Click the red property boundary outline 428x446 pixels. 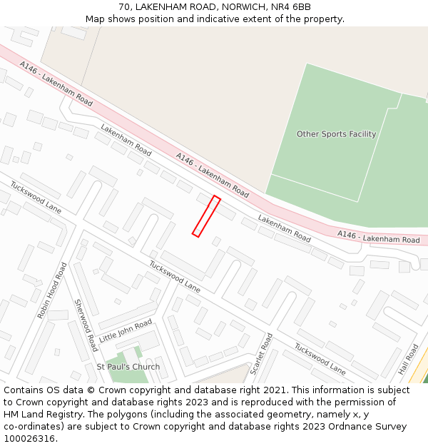(205, 216)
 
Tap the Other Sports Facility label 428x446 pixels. (336, 134)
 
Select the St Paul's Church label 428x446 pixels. (128, 367)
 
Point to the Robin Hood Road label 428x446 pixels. (52, 290)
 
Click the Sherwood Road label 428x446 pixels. (86, 325)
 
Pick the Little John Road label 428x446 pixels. (126, 331)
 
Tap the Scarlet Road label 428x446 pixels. (262, 353)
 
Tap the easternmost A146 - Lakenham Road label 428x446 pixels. (378, 237)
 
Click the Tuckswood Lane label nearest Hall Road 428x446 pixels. (320, 360)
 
